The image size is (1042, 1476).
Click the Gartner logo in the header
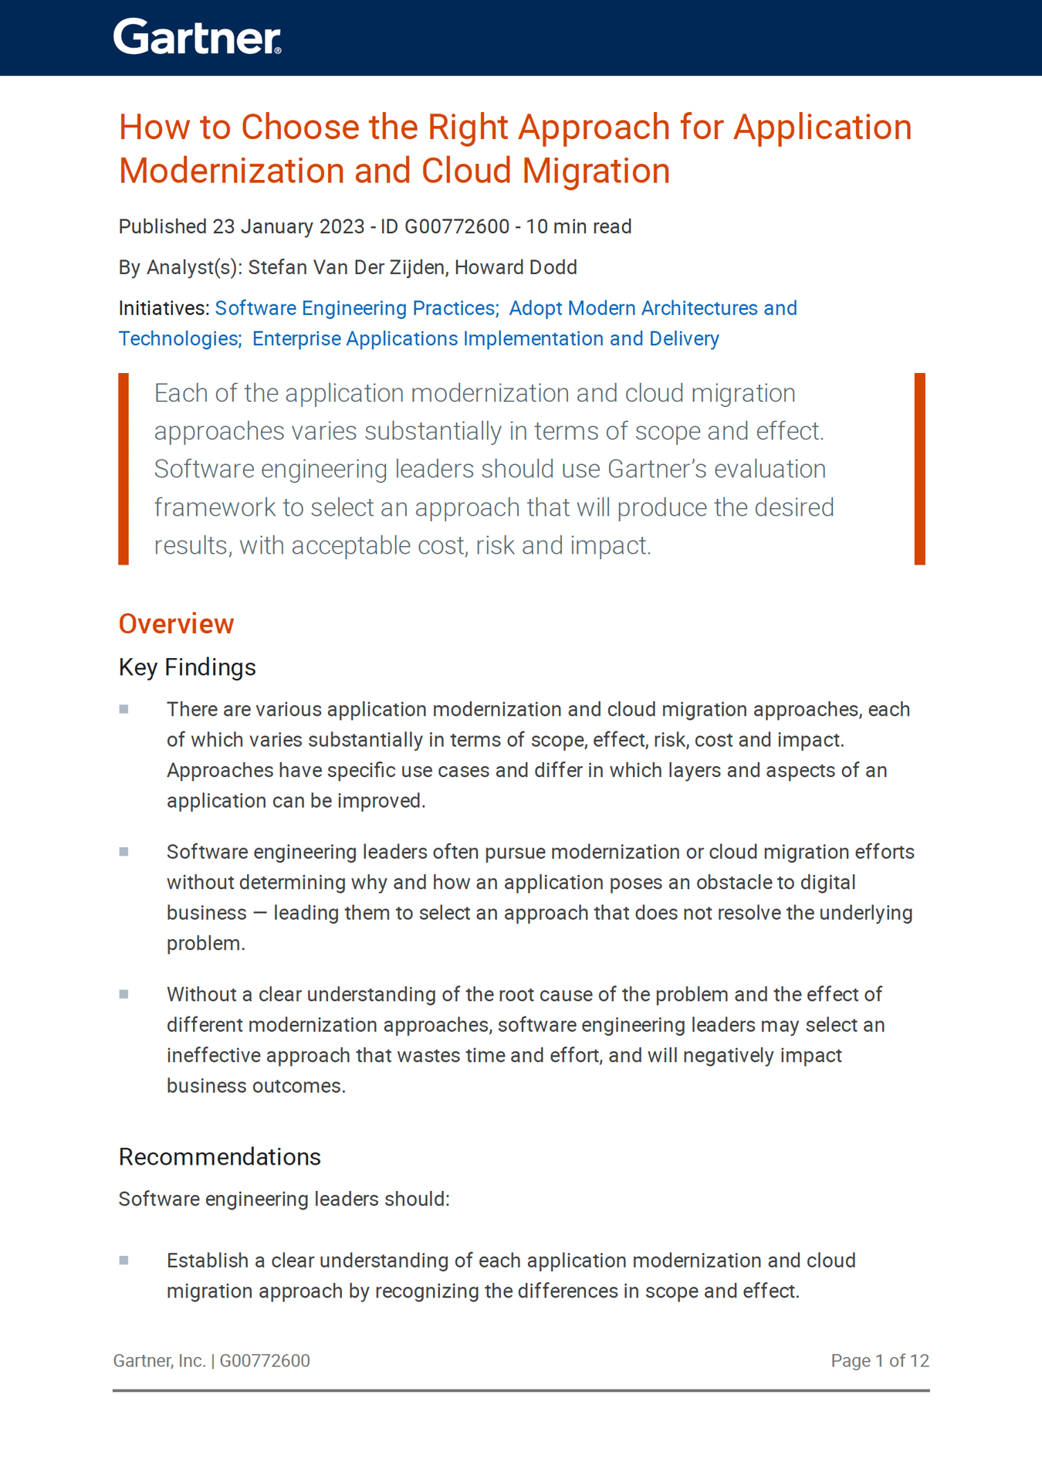point(197,37)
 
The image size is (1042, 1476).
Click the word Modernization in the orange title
point(231,171)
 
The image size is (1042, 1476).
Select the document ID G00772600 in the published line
point(457,226)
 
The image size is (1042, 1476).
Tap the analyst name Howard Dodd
point(516,267)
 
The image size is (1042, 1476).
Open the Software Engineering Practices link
point(356,308)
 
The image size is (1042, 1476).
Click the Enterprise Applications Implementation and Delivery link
point(485,338)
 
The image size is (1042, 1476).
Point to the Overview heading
point(176,623)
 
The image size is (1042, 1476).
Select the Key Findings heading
point(187,667)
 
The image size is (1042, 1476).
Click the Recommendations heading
point(219,1157)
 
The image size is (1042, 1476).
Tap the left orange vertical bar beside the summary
point(123,469)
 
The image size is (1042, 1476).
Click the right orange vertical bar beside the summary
point(919,469)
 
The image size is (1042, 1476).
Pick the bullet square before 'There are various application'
point(123,709)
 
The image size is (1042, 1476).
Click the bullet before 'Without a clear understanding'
point(123,994)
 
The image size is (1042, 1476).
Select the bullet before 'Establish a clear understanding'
point(123,1261)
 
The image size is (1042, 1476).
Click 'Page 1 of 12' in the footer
point(880,1361)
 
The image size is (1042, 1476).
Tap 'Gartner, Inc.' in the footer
point(159,1361)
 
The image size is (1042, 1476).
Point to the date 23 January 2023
point(289,226)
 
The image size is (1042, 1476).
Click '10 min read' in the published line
point(579,226)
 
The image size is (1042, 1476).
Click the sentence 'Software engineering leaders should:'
point(284,1199)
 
